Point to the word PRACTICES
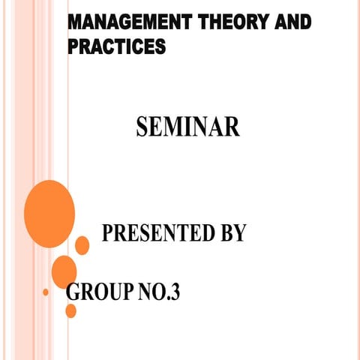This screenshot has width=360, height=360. (x=116, y=47)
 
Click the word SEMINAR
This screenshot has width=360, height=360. (x=188, y=126)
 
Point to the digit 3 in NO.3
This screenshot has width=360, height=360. (x=175, y=292)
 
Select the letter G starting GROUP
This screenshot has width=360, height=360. (x=73, y=292)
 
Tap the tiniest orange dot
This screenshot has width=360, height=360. (x=46, y=291)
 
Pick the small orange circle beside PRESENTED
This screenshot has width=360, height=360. (x=82, y=245)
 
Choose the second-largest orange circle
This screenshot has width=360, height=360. (x=64, y=271)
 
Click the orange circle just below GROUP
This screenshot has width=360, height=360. (x=71, y=310)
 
